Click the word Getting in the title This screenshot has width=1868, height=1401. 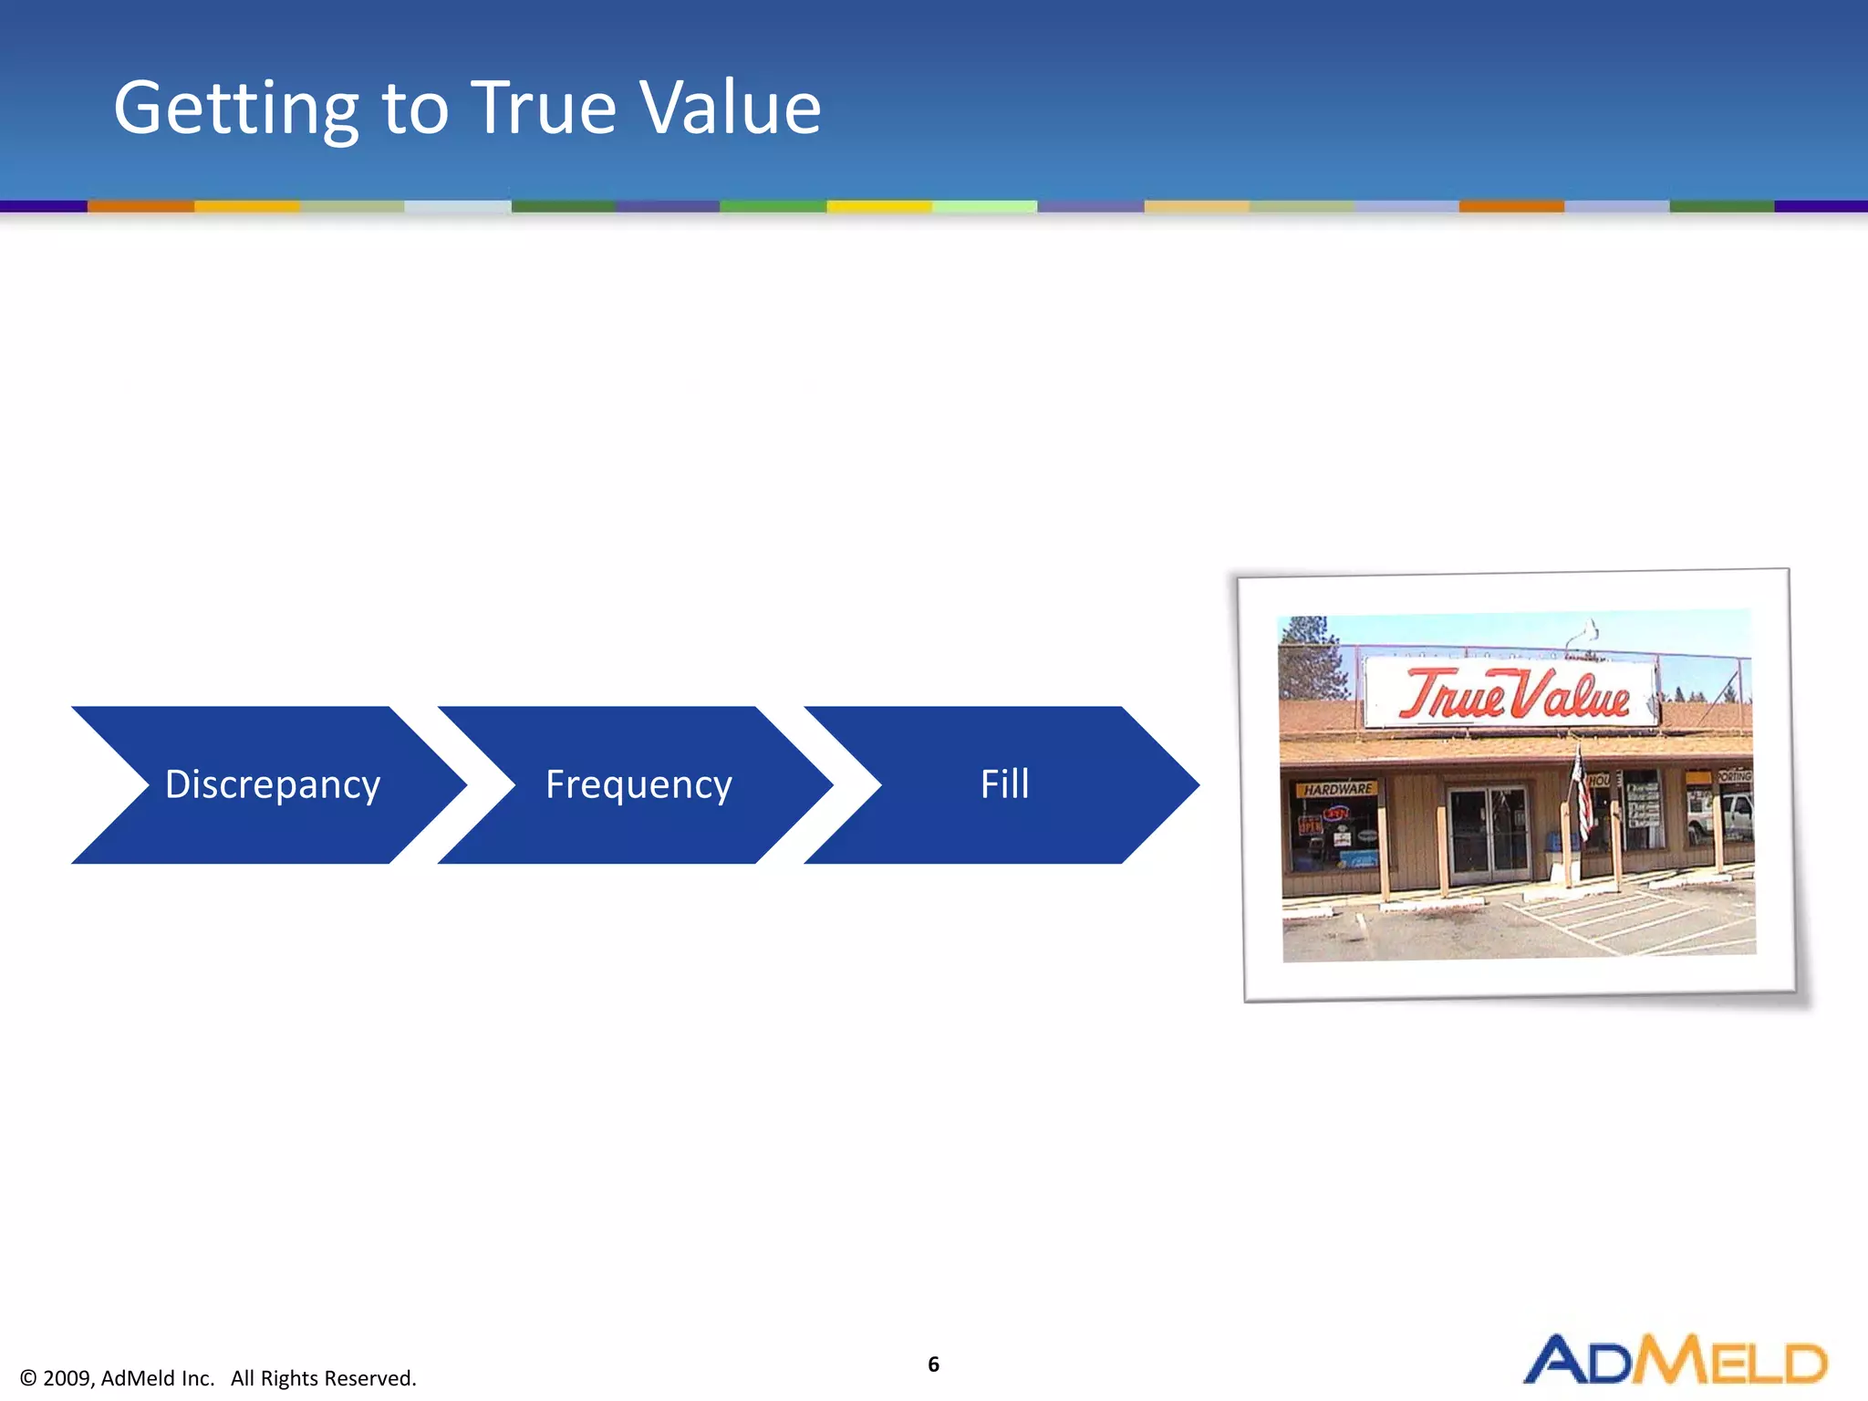(x=235, y=109)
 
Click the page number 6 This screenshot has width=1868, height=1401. (x=933, y=1364)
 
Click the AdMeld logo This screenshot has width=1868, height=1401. (x=1676, y=1361)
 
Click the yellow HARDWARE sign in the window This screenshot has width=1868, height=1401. (x=1338, y=789)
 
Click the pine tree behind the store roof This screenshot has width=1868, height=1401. (x=1310, y=657)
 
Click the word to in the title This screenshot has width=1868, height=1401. (x=415, y=109)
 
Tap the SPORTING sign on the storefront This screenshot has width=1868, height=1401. (x=1734, y=776)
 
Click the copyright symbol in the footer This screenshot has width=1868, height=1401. (x=28, y=1378)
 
